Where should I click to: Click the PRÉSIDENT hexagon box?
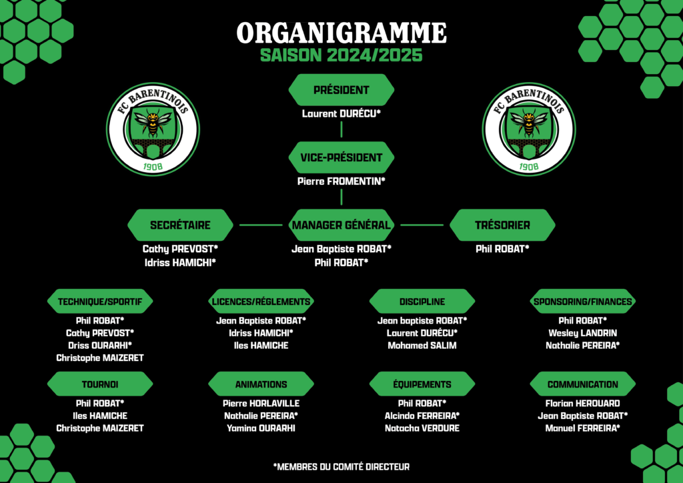341,89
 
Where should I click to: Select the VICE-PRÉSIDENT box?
341,157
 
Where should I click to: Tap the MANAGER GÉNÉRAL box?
341,225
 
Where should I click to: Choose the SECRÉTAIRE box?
180,225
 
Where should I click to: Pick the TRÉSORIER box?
502,225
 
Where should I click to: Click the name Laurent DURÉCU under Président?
341,113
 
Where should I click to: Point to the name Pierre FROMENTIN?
341,181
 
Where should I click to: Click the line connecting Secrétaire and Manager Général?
261,225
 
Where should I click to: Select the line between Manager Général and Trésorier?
422,225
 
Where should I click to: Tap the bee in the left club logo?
153,121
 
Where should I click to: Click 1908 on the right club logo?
528,167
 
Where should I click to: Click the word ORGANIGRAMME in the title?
341,33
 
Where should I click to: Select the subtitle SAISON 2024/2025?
341,55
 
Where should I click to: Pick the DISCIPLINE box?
422,301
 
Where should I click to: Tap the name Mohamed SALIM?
422,346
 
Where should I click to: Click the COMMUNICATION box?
583,384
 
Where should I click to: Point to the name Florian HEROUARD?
583,404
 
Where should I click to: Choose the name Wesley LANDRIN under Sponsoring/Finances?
583,333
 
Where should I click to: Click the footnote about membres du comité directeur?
341,467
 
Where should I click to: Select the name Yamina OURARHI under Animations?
261,428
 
